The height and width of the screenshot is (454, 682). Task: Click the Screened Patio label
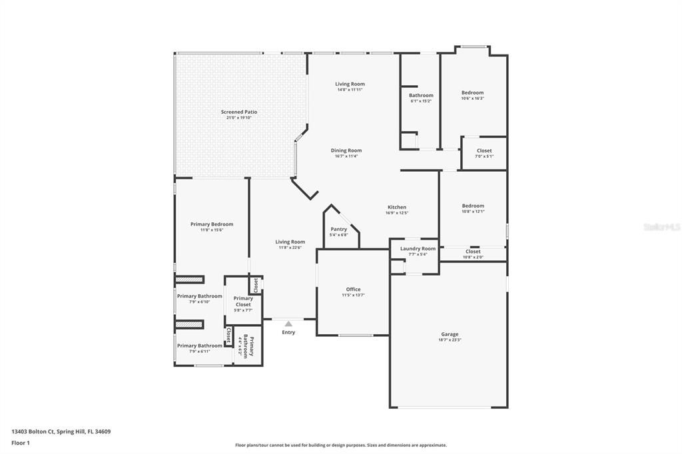239,113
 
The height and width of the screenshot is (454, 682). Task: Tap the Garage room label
450,334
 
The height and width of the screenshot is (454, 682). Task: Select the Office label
353,290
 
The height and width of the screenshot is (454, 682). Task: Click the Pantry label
338,229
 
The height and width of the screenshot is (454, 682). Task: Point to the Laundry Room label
418,248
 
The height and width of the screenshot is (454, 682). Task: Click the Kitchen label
396,207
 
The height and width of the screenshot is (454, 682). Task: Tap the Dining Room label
346,150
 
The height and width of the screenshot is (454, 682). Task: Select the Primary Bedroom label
212,224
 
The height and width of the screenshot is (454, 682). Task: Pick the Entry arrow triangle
288,324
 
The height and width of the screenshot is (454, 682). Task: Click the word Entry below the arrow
288,332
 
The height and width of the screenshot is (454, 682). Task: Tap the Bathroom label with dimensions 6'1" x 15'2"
421,95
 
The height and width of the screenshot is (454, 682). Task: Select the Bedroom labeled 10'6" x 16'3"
473,93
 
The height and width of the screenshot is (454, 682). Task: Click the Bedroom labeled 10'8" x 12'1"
473,206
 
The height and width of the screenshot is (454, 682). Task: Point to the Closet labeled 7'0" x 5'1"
484,151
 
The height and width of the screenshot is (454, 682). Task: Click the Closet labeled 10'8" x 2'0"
473,252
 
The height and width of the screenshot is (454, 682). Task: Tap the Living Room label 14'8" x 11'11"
350,84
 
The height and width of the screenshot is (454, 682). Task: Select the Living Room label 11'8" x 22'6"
290,242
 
